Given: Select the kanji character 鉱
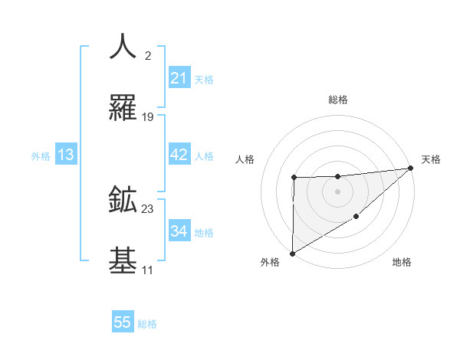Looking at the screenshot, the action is pyautogui.click(x=123, y=200).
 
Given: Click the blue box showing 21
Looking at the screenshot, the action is pyautogui.click(x=179, y=78).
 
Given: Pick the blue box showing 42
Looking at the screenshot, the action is pyautogui.click(x=179, y=155).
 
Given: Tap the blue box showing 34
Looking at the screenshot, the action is pyautogui.click(x=179, y=231).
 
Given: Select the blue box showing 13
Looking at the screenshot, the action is pyautogui.click(x=66, y=155).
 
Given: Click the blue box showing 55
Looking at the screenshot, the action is pyautogui.click(x=123, y=322).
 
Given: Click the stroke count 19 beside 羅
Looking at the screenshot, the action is pyautogui.click(x=148, y=117).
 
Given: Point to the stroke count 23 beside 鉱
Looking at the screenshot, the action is pyautogui.click(x=148, y=208).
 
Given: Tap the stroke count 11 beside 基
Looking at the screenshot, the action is pyautogui.click(x=147, y=270).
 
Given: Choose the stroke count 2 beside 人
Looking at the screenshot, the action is pyautogui.click(x=148, y=55).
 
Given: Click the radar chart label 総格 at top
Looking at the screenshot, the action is pyautogui.click(x=338, y=100).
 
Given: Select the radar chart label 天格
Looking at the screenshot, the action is pyautogui.click(x=431, y=159).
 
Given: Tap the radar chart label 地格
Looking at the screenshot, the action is pyautogui.click(x=402, y=262).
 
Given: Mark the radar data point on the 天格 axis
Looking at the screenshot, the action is pyautogui.click(x=411, y=168).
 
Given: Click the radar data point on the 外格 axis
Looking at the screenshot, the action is pyautogui.click(x=292, y=253).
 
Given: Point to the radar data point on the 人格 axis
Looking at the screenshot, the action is pyautogui.click(x=294, y=178).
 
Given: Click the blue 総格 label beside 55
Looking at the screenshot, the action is pyautogui.click(x=147, y=323).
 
